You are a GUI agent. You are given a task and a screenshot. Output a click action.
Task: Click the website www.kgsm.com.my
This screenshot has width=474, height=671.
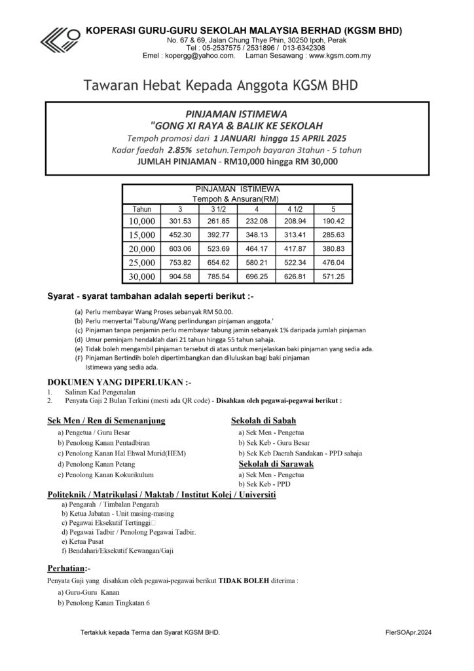pos(340,56)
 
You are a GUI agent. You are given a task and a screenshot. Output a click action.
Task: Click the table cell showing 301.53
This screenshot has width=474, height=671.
pos(180,221)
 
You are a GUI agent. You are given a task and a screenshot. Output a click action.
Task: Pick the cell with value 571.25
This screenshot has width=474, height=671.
pos(333,277)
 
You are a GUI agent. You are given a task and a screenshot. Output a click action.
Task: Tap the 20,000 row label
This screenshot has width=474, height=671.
pos(141,249)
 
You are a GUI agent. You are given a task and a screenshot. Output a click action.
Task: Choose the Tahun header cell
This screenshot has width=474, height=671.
pos(141,208)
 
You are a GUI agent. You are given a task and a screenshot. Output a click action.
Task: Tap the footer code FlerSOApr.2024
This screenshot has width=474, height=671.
pos(409,633)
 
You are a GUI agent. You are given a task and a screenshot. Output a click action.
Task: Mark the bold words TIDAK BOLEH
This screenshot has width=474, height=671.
pos(243,581)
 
